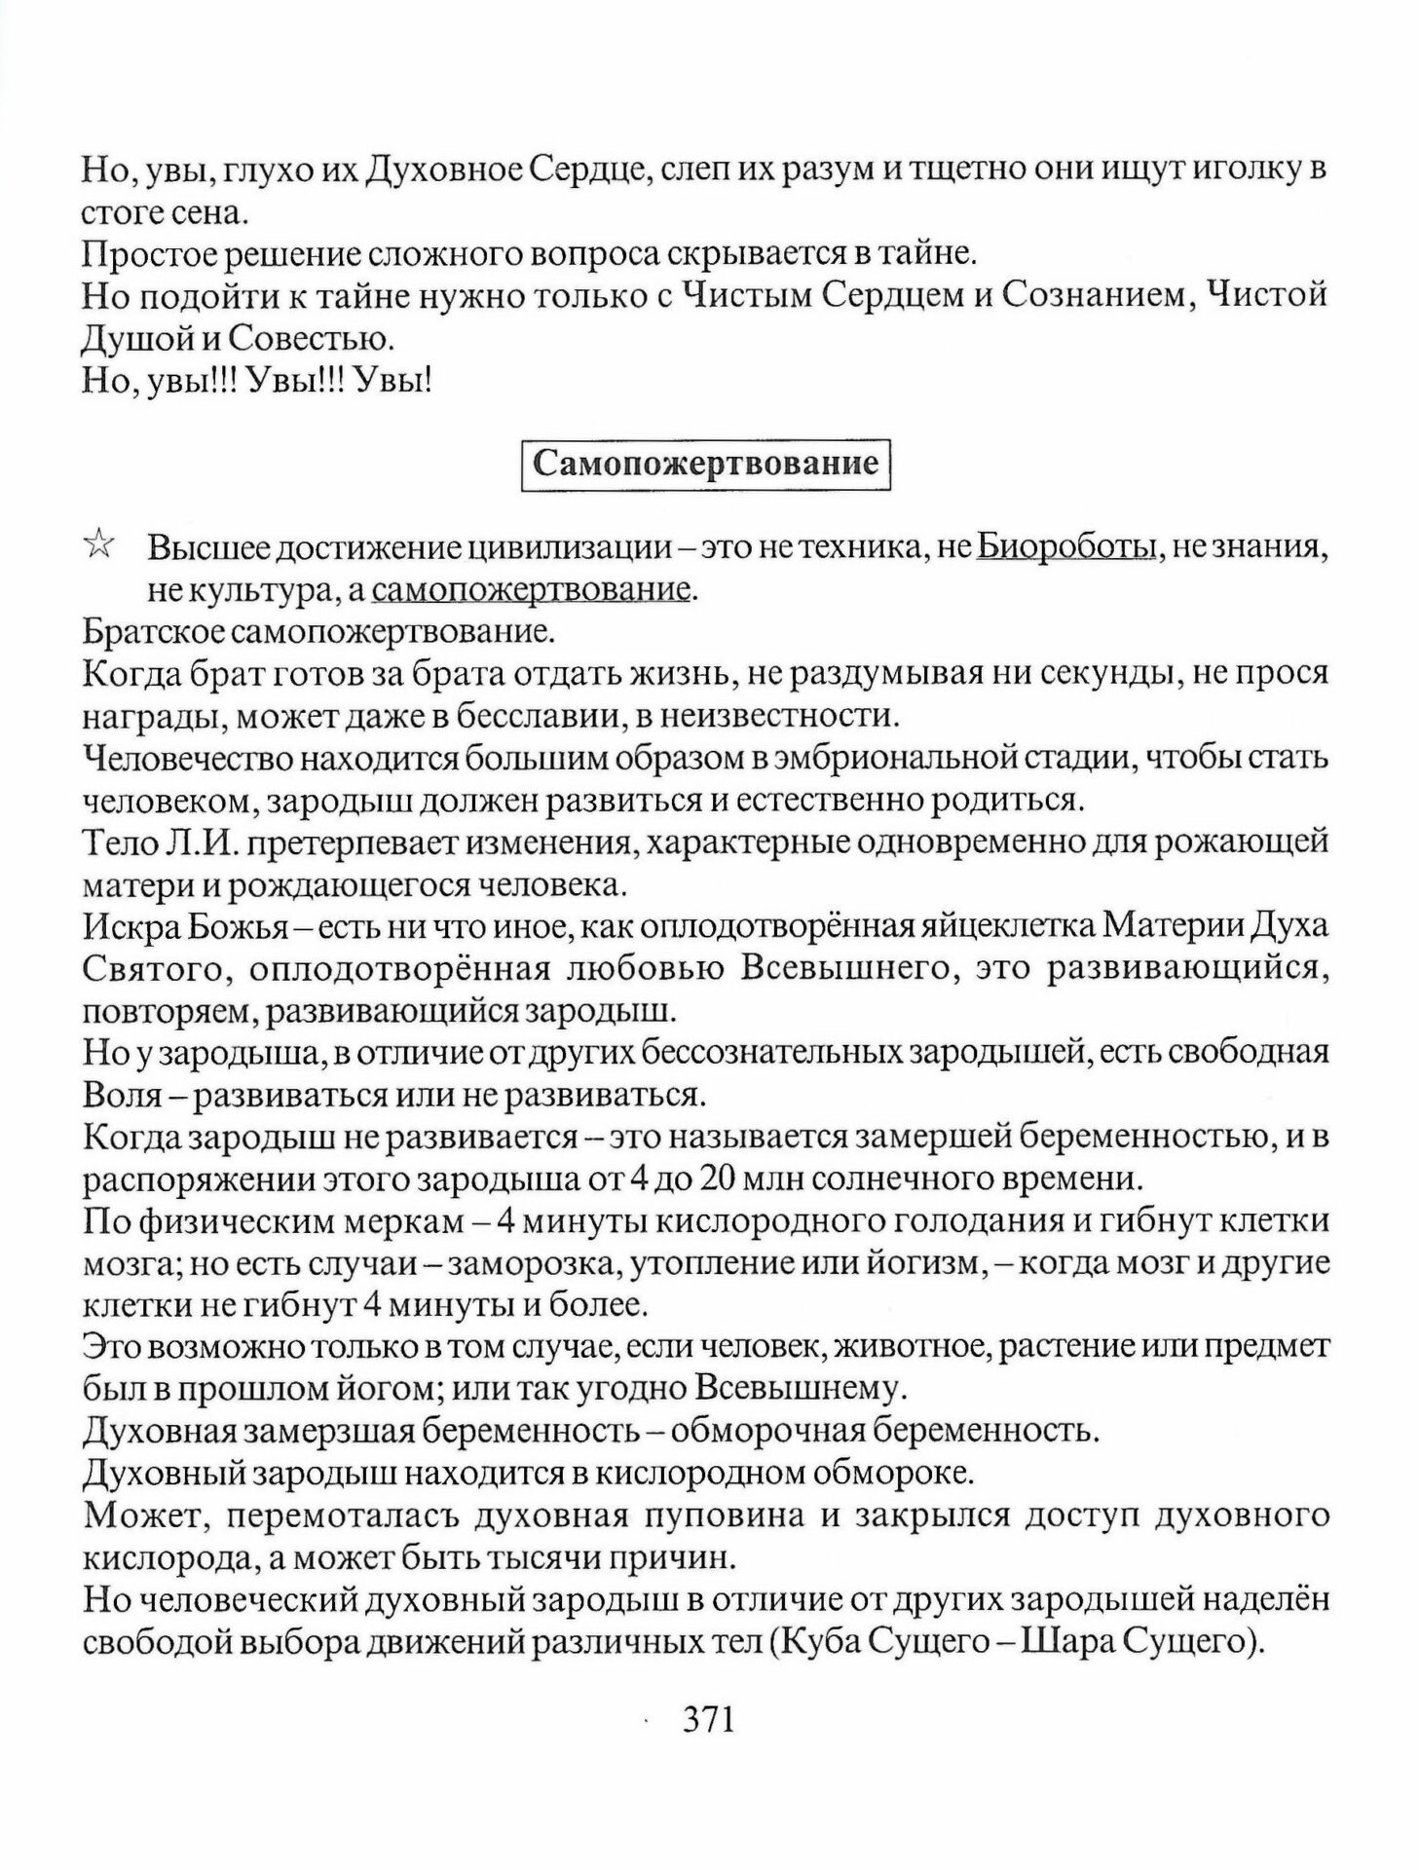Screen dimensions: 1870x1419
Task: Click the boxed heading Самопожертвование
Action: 706,464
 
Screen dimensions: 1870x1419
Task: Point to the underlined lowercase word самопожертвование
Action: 532,590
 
